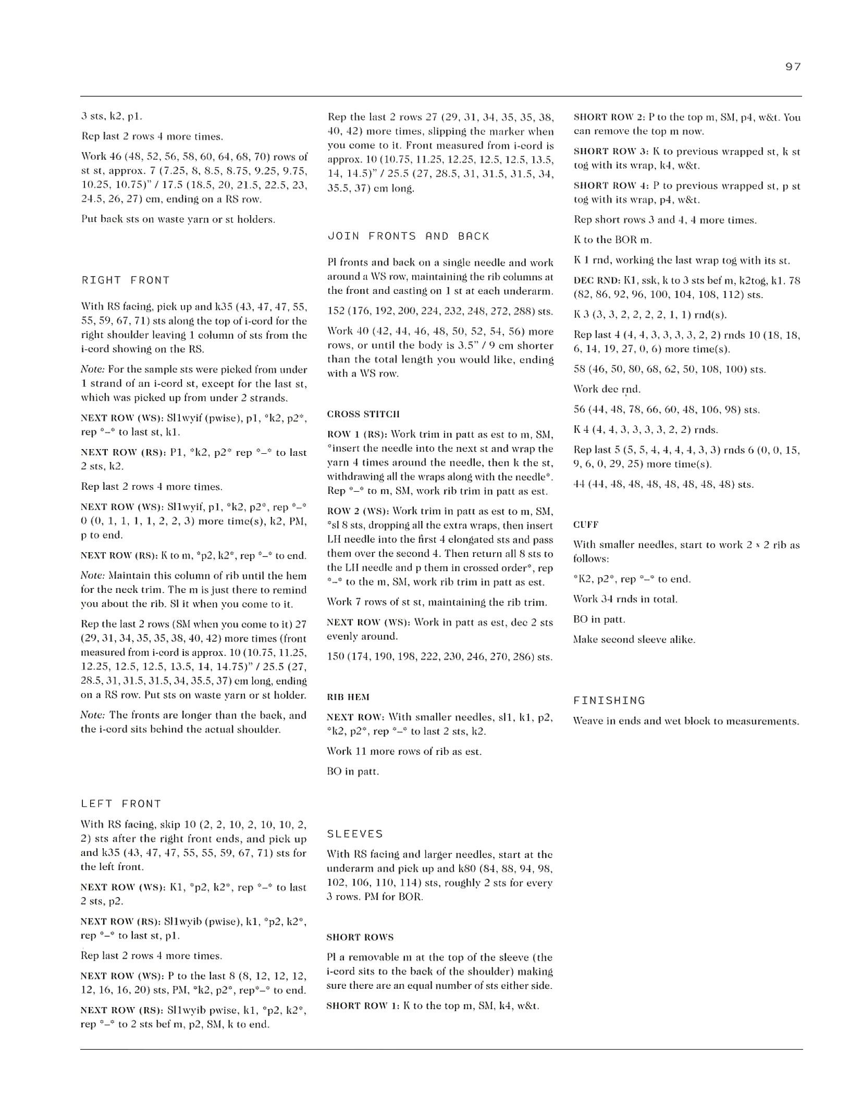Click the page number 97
point(793,67)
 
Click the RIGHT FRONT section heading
point(126,280)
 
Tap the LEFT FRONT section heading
point(121,803)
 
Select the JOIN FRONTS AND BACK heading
point(409,236)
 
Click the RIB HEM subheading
point(348,697)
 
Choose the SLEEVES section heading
point(355,834)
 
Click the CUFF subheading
point(586,524)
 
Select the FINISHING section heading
point(609,700)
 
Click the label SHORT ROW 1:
point(363,1005)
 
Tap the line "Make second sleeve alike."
point(634,639)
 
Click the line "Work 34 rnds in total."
point(625,599)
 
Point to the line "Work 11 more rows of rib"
point(404,751)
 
